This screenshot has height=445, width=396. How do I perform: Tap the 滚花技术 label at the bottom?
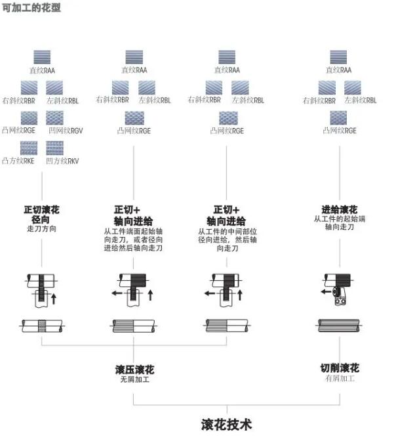click(226, 424)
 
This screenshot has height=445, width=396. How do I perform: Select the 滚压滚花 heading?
click(134, 370)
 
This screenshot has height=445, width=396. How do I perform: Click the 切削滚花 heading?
click(339, 368)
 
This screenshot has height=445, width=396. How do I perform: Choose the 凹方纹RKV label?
click(62, 160)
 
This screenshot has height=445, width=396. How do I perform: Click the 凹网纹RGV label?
click(63, 131)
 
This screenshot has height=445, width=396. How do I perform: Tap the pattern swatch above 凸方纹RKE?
click(29, 148)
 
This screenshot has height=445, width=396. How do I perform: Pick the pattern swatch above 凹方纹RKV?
click(55, 148)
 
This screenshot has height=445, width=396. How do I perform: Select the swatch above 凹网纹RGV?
click(55, 117)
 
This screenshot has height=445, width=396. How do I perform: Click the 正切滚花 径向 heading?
click(42, 215)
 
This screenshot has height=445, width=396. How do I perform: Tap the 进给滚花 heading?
click(340, 210)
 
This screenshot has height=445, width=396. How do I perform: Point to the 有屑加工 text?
click(339, 379)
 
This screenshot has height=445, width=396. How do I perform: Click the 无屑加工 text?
click(134, 380)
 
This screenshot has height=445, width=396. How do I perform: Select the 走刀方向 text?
click(42, 230)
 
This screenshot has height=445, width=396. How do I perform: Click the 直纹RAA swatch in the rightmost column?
click(339, 57)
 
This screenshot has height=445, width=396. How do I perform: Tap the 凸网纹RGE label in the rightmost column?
click(340, 131)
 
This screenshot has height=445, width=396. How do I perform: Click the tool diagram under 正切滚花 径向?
click(43, 289)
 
